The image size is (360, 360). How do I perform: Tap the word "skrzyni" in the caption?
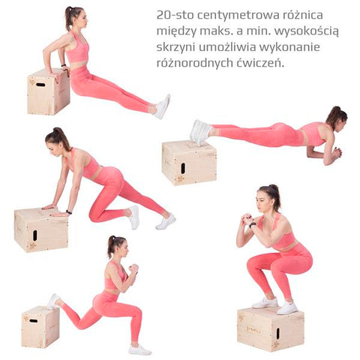(175, 47)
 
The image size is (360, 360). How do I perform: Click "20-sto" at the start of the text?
(175, 15)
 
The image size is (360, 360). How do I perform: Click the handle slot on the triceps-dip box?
(40, 85)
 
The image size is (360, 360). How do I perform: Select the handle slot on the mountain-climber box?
(34, 235)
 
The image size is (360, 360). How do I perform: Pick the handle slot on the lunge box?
(34, 321)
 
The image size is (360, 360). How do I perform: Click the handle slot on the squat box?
(277, 333)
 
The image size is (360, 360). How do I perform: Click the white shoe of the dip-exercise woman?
(162, 106)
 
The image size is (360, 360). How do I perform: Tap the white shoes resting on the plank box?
(201, 132)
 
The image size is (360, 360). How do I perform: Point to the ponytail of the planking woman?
(334, 115)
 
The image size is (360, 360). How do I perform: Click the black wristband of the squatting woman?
(252, 224)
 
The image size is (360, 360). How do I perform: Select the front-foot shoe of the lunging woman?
(140, 349)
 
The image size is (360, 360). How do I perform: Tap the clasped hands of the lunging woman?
(133, 269)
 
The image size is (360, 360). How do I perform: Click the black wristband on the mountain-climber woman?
(69, 212)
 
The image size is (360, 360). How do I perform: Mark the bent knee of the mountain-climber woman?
(94, 216)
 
